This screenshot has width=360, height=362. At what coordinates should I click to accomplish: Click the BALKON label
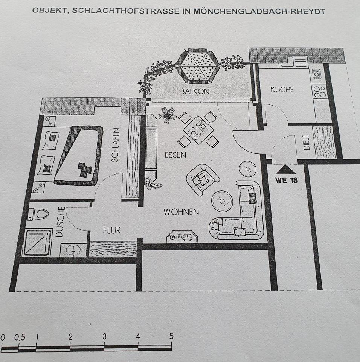tap(195, 91)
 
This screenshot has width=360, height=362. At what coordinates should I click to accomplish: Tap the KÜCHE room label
tap(282, 90)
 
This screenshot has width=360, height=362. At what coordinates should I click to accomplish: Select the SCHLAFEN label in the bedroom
tap(115, 145)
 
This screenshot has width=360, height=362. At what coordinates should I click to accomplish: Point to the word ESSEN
tap(175, 155)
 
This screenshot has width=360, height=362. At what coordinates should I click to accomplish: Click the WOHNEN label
tap(181, 212)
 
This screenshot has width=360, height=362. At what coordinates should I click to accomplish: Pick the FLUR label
tap(112, 230)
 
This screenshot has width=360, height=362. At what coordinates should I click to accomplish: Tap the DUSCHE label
tap(59, 222)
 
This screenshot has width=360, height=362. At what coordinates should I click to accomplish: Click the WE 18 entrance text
tap(286, 180)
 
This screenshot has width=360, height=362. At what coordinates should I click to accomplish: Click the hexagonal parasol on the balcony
tap(198, 66)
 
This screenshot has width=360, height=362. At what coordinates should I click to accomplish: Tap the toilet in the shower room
tap(39, 214)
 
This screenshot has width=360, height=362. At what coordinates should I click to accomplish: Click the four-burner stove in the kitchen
tap(320, 91)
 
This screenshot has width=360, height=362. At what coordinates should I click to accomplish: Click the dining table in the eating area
tap(198, 130)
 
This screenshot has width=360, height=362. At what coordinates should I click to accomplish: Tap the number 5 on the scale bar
tap(171, 336)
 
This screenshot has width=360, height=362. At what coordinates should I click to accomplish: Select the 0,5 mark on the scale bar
tap(20, 337)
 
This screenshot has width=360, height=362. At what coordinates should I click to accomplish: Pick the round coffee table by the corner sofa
tap(222, 201)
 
